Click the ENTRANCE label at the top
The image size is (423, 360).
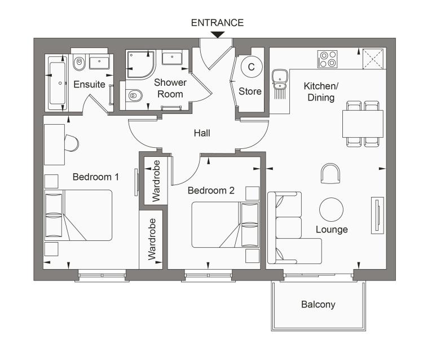[x=217, y=23]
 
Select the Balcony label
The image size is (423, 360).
[x=318, y=304]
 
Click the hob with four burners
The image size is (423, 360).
[x=328, y=59]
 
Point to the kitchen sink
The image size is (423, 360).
[x=280, y=79]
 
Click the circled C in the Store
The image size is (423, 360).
[x=252, y=67]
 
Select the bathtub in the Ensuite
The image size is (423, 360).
[x=58, y=83]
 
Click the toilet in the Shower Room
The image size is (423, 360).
[x=134, y=95]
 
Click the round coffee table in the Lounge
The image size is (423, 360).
[x=331, y=209]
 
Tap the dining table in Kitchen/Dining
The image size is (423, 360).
[x=363, y=124]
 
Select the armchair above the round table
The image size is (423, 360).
[x=331, y=173]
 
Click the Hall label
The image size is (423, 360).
[x=202, y=133]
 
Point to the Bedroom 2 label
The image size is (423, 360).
[x=211, y=191]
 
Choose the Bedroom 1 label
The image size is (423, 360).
[x=96, y=177]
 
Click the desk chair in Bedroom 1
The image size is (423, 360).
[x=72, y=143]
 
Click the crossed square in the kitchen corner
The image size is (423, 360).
[x=373, y=59]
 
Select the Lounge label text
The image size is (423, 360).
[x=332, y=230]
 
